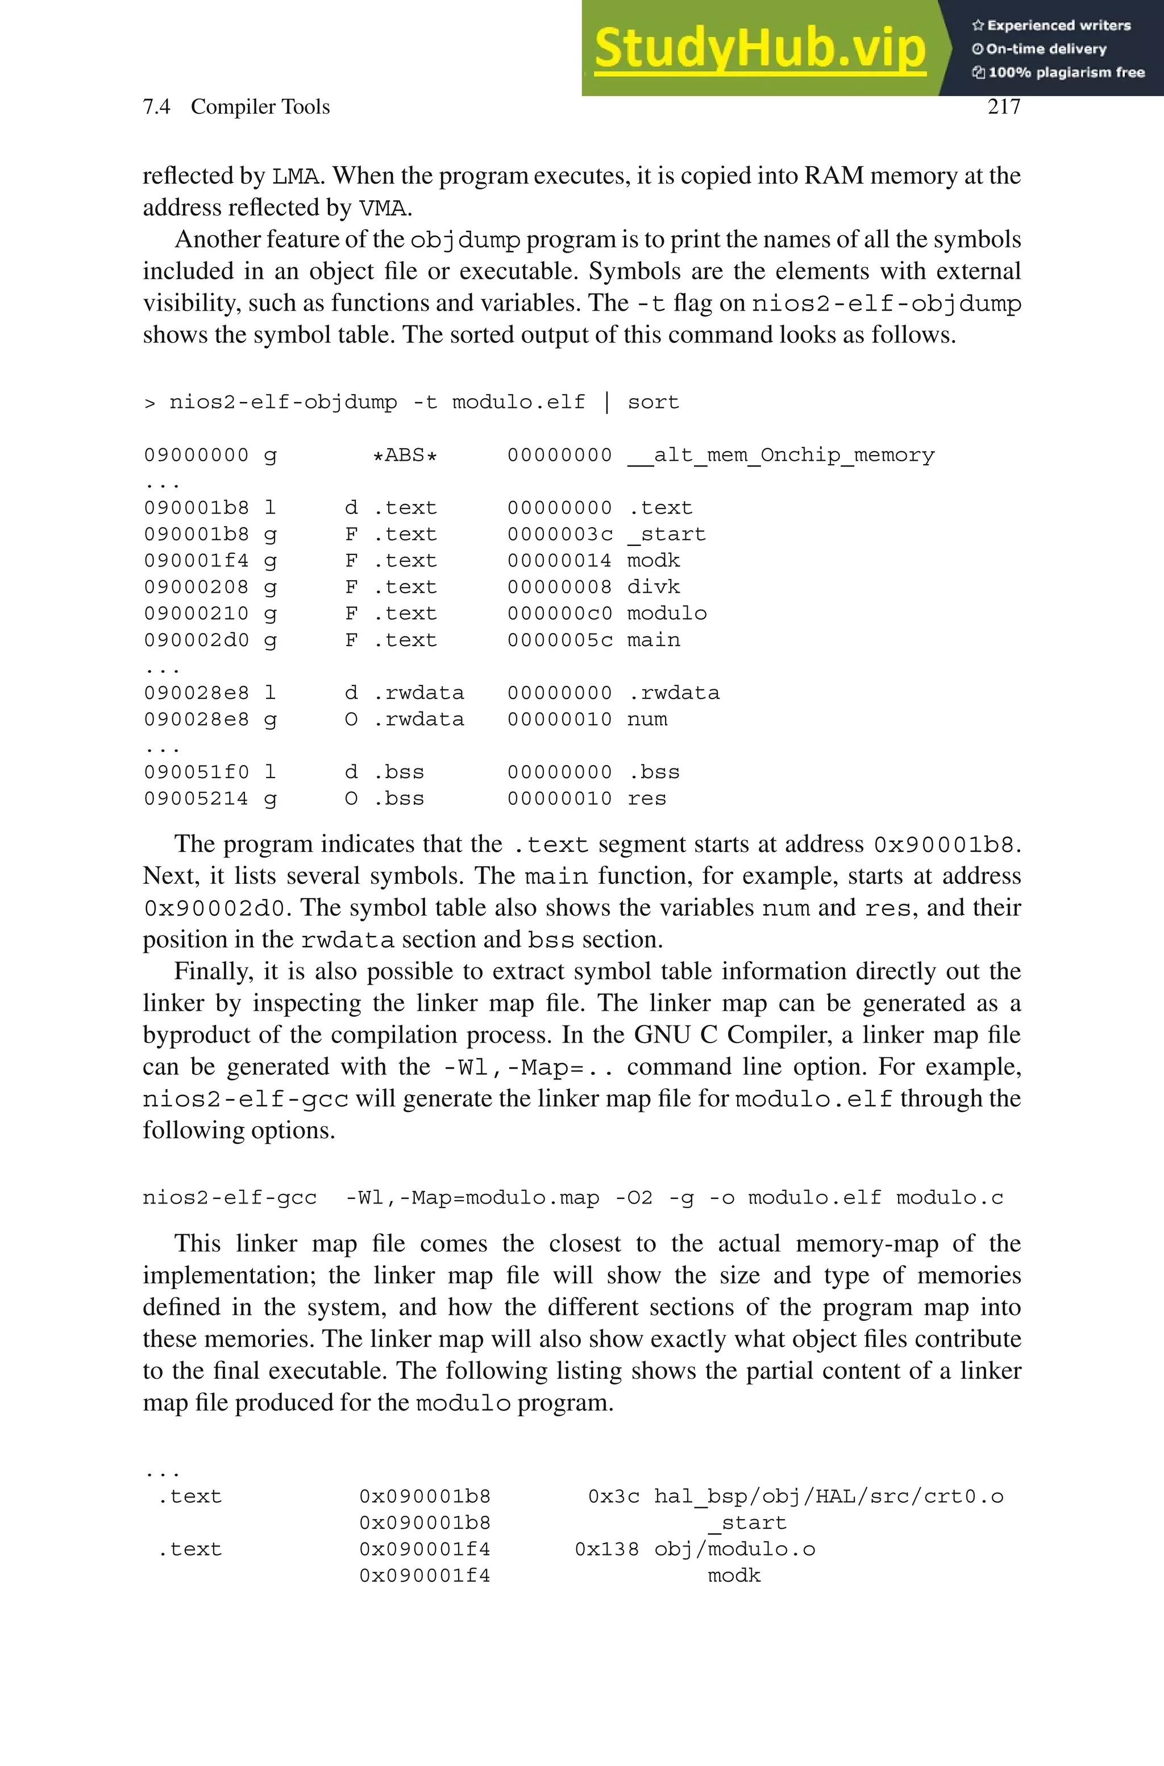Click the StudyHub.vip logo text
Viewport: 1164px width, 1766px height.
(x=759, y=49)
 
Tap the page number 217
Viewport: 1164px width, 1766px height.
(x=1004, y=107)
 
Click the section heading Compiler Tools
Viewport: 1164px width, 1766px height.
(x=260, y=107)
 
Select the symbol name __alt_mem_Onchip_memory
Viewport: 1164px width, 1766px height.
(x=781, y=455)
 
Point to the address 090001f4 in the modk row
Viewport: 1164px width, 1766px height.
(x=196, y=561)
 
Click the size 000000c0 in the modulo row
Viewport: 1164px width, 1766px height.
(x=560, y=614)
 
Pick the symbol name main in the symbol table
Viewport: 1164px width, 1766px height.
(x=653, y=640)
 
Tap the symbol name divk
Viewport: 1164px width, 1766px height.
(x=653, y=587)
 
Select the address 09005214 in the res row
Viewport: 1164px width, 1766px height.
(x=196, y=799)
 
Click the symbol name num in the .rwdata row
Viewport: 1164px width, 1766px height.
(x=647, y=719)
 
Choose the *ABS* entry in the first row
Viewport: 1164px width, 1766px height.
(x=405, y=455)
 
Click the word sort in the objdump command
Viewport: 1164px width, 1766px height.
(x=653, y=403)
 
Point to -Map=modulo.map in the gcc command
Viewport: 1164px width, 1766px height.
(x=499, y=1198)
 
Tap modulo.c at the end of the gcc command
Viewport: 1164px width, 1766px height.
(x=950, y=1198)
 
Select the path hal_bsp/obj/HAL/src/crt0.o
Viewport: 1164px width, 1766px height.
(x=829, y=1496)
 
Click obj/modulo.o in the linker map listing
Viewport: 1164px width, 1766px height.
(x=734, y=1549)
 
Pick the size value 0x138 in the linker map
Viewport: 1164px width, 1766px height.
(x=606, y=1549)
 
